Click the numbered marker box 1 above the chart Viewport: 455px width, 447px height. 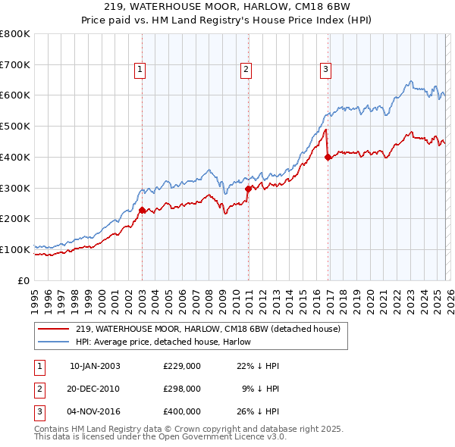click(141, 70)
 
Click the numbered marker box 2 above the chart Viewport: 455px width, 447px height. click(247, 70)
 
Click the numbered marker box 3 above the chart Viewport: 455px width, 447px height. click(325, 70)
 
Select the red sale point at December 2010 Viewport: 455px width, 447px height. click(248, 189)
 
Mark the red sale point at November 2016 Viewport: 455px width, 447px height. click(328, 158)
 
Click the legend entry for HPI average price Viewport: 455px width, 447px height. click(167, 342)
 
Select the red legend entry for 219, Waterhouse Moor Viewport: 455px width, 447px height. click(209, 329)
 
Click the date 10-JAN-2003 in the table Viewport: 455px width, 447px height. click(95, 366)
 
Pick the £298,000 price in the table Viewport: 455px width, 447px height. click(182, 389)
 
